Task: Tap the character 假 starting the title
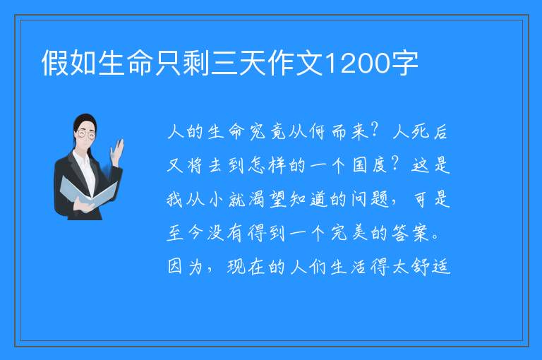(x=54, y=63)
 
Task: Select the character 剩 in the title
(x=196, y=63)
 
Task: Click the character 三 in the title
(x=224, y=63)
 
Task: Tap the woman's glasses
(x=85, y=134)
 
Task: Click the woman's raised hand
(x=117, y=152)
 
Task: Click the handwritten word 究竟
(x=267, y=132)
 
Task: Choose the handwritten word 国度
(x=369, y=165)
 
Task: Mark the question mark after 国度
(x=396, y=164)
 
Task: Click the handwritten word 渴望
(x=267, y=199)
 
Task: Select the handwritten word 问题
(x=370, y=199)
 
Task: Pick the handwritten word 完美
(x=349, y=233)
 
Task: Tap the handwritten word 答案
(x=410, y=233)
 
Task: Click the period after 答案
(x=435, y=237)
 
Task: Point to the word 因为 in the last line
(x=185, y=267)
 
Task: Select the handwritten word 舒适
(x=431, y=267)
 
